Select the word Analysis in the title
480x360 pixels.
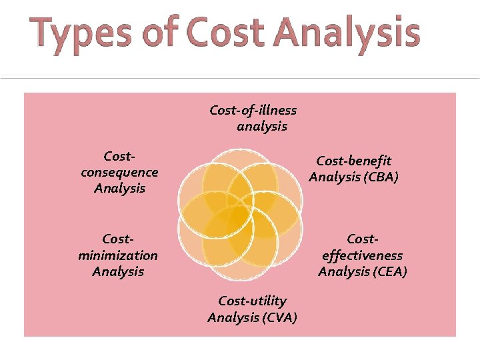(x=354, y=35)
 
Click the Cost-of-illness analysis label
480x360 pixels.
(x=253, y=118)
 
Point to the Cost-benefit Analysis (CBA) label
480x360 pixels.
(x=353, y=169)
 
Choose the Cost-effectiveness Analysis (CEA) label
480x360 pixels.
(x=362, y=255)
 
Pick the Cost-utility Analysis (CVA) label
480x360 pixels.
(x=252, y=309)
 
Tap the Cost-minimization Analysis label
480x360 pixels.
(x=118, y=255)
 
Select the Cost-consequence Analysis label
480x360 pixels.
(x=119, y=172)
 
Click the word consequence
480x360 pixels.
(x=119, y=172)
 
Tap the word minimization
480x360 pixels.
(x=118, y=255)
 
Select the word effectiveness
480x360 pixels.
(x=362, y=255)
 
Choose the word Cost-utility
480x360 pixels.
(x=252, y=301)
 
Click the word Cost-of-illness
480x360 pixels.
(x=253, y=110)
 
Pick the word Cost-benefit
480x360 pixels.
(x=353, y=161)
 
